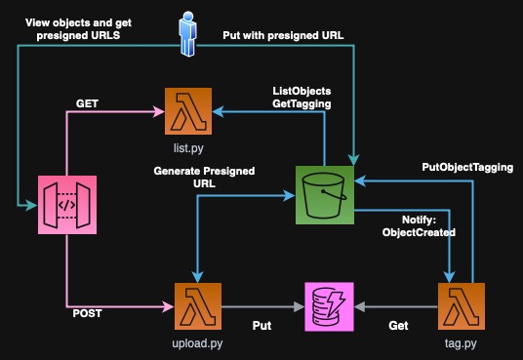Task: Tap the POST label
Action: tap(88, 314)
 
